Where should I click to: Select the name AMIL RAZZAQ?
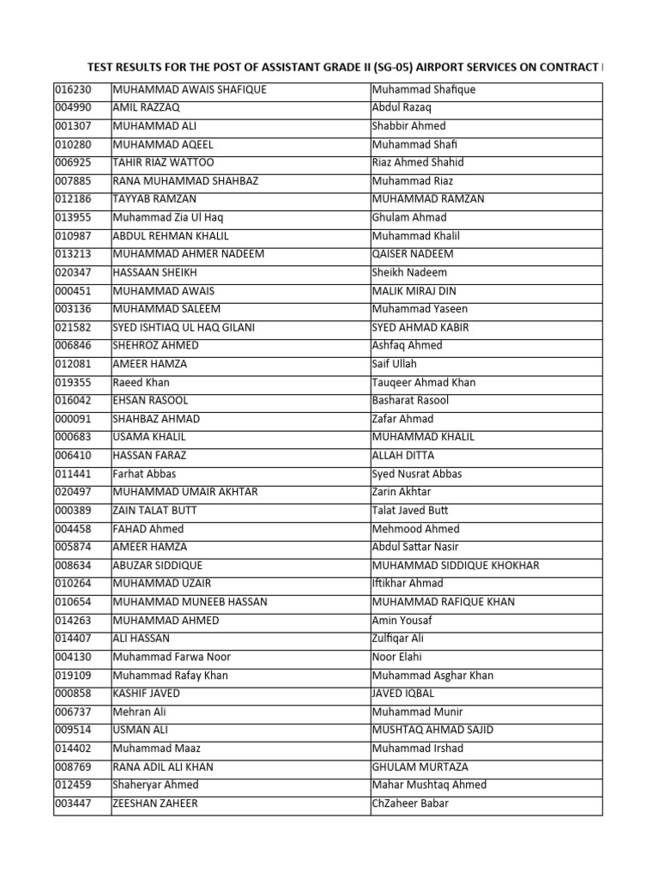(143, 107)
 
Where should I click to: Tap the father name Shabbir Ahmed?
(408, 126)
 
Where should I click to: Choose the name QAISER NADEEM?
(413, 254)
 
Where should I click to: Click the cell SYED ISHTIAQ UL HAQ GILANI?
(184, 327)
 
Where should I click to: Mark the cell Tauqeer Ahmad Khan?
(424, 382)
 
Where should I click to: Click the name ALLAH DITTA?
(403, 455)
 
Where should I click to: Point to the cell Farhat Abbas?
(144, 474)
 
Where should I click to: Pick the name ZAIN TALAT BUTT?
(155, 510)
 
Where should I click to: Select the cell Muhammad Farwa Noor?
(172, 657)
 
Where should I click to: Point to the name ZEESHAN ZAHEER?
(155, 803)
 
